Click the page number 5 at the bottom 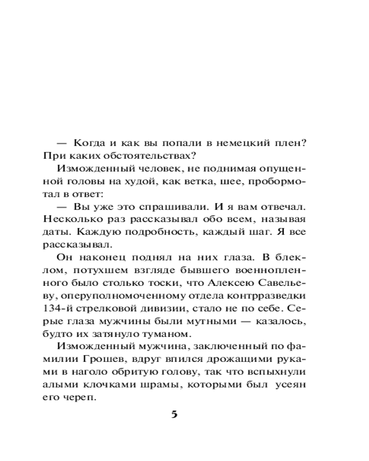click(174, 414)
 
